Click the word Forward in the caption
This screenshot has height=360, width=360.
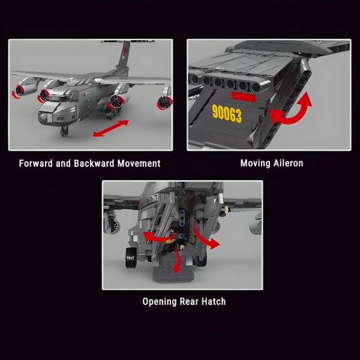tap(36, 163)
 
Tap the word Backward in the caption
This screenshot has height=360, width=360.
tap(94, 163)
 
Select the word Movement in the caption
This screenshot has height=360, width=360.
tap(139, 163)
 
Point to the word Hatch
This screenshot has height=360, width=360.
tap(214, 301)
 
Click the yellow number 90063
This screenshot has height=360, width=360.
tap(227, 113)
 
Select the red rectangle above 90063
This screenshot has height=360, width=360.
tap(244, 97)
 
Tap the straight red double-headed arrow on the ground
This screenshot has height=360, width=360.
tap(111, 128)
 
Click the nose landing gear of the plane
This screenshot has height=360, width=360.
tap(64, 131)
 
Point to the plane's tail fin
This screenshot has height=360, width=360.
tap(124, 56)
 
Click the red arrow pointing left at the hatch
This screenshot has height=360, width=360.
tap(159, 237)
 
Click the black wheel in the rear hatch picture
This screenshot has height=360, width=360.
tap(131, 257)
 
